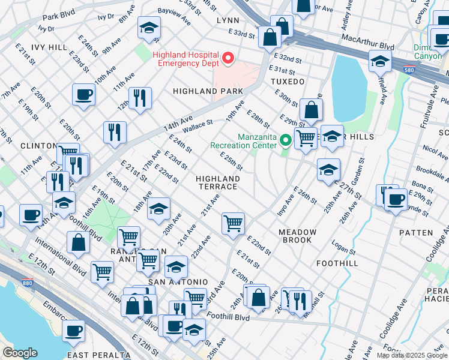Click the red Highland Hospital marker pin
coord(228,58)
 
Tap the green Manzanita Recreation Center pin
coord(286,141)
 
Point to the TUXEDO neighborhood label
coord(288,81)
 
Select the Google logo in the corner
coord(20,353)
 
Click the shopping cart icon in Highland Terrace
coord(233,224)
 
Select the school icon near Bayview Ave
coord(149,27)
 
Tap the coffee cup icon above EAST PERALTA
coord(74,330)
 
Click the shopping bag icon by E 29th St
coord(312,110)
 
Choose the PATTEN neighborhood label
coord(419,232)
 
